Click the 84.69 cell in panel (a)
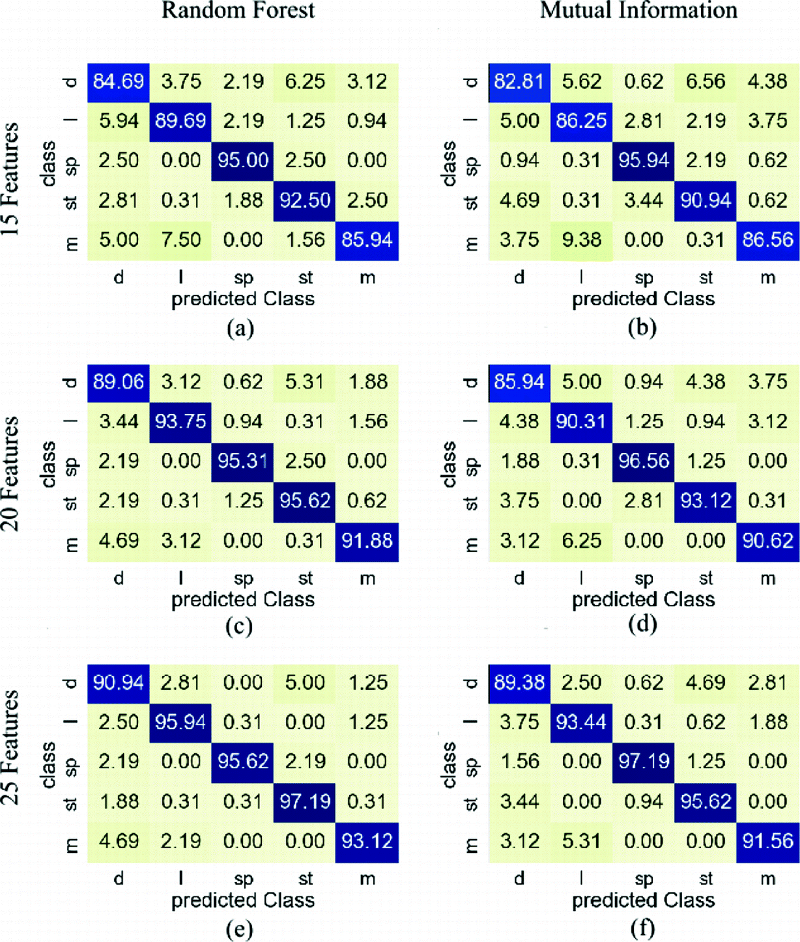click(x=118, y=81)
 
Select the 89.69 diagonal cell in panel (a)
click(x=180, y=121)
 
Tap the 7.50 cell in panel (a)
click(x=180, y=240)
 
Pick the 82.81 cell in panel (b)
click(x=519, y=81)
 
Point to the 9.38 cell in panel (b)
click(x=581, y=240)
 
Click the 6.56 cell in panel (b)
click(x=706, y=81)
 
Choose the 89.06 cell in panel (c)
click(x=118, y=382)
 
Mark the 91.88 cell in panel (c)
click(x=367, y=541)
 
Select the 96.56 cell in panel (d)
click(x=644, y=462)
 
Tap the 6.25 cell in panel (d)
click(x=581, y=541)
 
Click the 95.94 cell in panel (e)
click(x=180, y=722)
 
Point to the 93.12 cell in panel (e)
click(x=367, y=841)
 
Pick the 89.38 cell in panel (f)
click(x=519, y=682)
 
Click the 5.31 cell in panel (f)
click(x=581, y=841)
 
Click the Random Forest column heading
click(x=238, y=10)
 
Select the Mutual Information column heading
click(x=638, y=10)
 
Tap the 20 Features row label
click(x=11, y=473)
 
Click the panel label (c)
click(x=239, y=626)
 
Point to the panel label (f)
click(x=642, y=928)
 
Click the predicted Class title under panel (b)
click(x=643, y=299)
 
